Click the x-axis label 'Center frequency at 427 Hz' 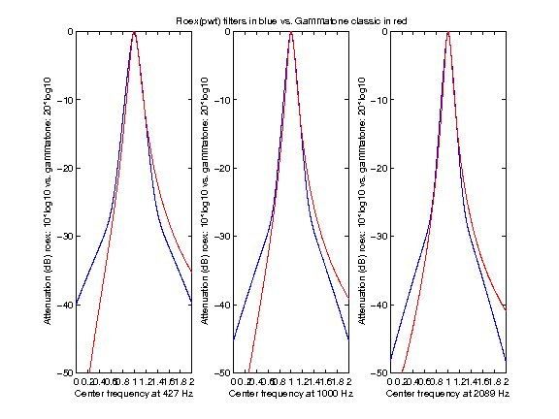coord(133,395)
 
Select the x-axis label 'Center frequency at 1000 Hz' coord(290,395)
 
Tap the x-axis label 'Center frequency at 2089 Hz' coord(446,395)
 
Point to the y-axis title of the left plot coord(48,202)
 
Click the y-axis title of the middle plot coord(205,202)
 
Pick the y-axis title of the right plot coord(361,202)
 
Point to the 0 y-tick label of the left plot coord(69,31)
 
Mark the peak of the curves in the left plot coord(134,32)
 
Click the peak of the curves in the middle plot coord(291,32)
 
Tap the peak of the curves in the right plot coord(447,32)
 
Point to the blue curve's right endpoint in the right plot coord(506,362)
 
